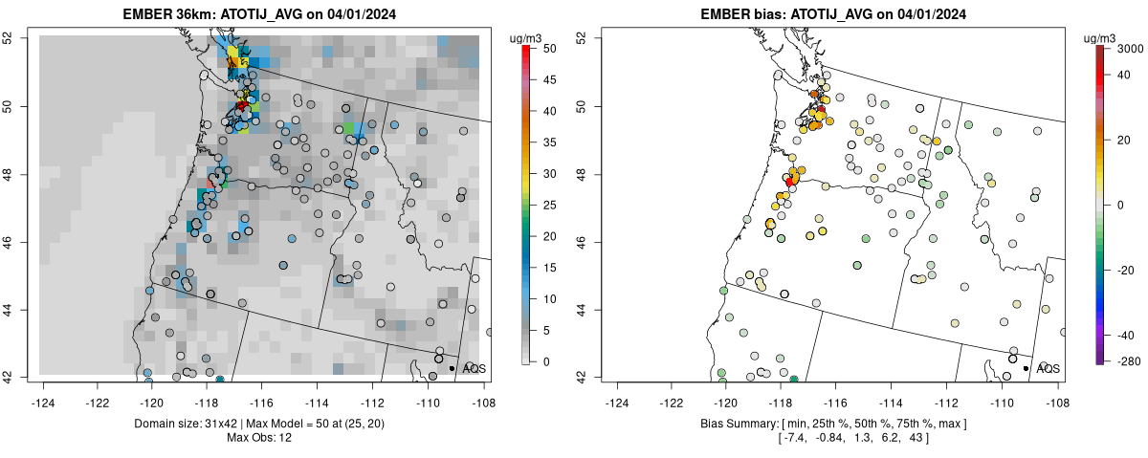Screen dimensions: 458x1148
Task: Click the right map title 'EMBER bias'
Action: click(x=737, y=13)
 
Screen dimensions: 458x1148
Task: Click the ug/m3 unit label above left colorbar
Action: click(x=527, y=38)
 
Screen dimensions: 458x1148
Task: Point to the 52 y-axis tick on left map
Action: click(x=21, y=38)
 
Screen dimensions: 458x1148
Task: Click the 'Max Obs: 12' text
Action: click(x=260, y=437)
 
